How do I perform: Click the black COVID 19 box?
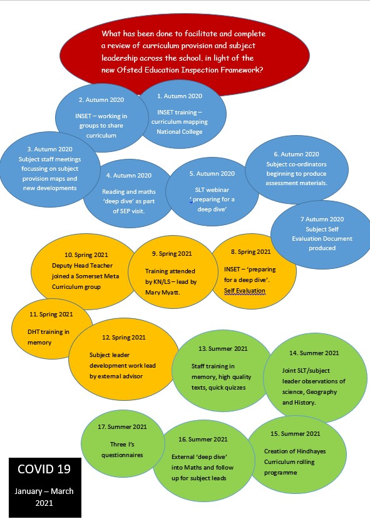(44, 487)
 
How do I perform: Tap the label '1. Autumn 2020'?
(180, 96)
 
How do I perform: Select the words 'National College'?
(179, 132)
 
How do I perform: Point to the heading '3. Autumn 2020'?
(49, 149)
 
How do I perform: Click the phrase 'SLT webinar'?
(212, 190)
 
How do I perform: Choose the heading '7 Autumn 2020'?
(322, 219)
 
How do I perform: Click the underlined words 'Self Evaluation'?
(245, 291)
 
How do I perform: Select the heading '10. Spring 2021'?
(86, 255)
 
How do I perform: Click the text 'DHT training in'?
(48, 331)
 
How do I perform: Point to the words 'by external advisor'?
(116, 376)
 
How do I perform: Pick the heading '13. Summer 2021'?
(223, 348)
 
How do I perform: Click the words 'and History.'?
(299, 403)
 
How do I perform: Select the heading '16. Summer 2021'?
(203, 439)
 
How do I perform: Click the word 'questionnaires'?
(122, 455)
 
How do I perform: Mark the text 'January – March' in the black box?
(44, 491)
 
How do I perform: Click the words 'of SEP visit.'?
(128, 211)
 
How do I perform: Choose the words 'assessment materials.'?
(296, 183)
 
